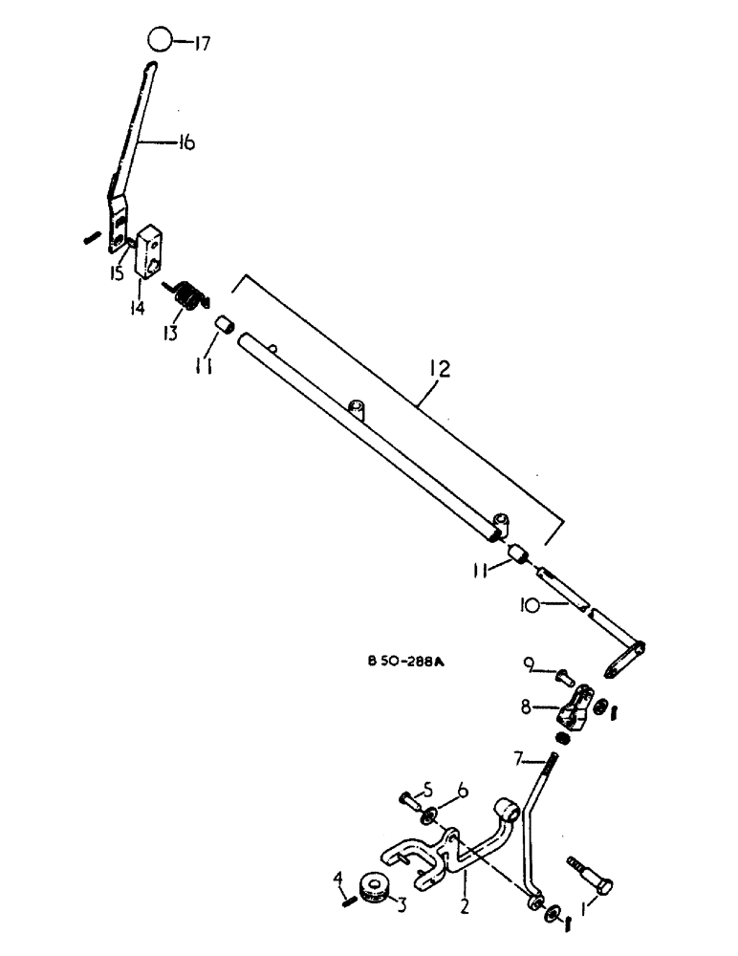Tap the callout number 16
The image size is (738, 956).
click(184, 143)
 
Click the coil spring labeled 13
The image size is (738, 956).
click(191, 296)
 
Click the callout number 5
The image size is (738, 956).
click(427, 789)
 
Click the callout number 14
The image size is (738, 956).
click(138, 308)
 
